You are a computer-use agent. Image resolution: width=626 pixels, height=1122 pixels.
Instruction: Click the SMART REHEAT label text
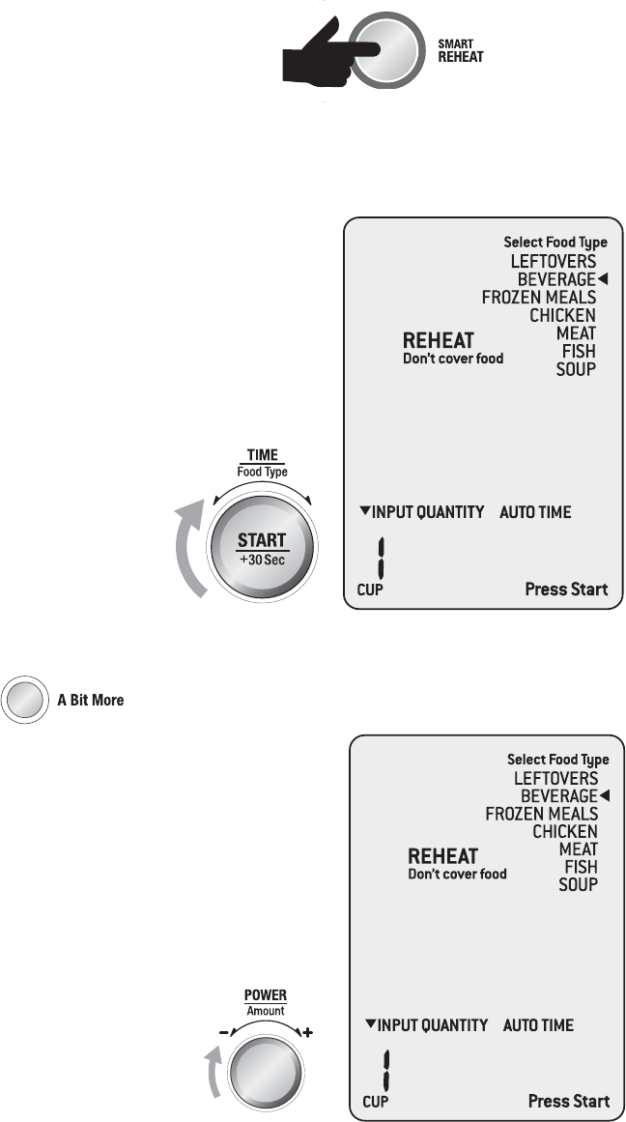460,51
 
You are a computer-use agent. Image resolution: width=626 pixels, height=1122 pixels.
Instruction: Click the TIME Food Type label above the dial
263,463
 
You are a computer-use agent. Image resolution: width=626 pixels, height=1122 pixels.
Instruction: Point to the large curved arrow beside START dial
191,550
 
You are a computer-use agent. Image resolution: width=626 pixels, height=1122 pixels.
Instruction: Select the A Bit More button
24,699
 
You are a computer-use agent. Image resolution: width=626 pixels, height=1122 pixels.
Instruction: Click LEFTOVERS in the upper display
554,261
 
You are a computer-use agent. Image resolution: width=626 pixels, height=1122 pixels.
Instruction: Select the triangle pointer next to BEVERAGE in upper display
602,279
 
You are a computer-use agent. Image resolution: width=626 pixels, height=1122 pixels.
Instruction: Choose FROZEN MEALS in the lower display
542,814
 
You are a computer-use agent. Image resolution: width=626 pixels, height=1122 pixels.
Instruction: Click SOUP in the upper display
576,369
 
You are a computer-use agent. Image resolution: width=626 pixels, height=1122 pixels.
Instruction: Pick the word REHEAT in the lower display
443,856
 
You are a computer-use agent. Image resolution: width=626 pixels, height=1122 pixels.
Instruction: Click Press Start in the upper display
566,589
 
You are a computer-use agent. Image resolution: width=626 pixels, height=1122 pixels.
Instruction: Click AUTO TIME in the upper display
535,511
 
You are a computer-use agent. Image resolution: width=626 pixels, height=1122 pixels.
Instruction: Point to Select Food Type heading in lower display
558,760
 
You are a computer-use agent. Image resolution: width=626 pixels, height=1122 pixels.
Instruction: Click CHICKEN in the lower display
565,831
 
